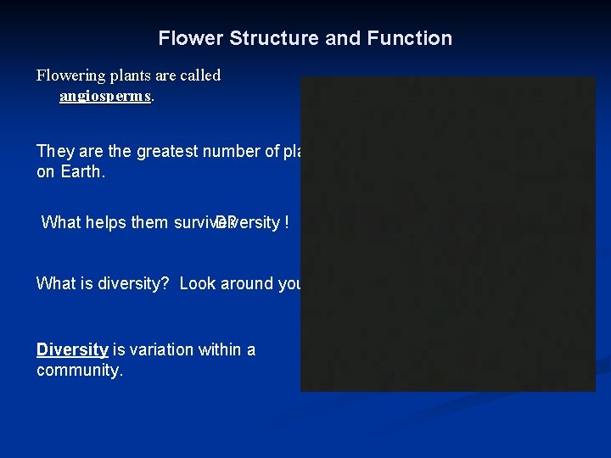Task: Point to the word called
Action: [x=199, y=75]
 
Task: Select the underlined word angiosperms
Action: [x=105, y=96]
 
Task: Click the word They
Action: [x=55, y=152]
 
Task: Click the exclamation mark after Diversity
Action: [x=287, y=222]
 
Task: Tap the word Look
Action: [x=198, y=283]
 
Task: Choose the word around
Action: [x=247, y=283]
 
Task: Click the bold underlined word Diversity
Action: [x=72, y=349]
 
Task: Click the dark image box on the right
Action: [x=448, y=234]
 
